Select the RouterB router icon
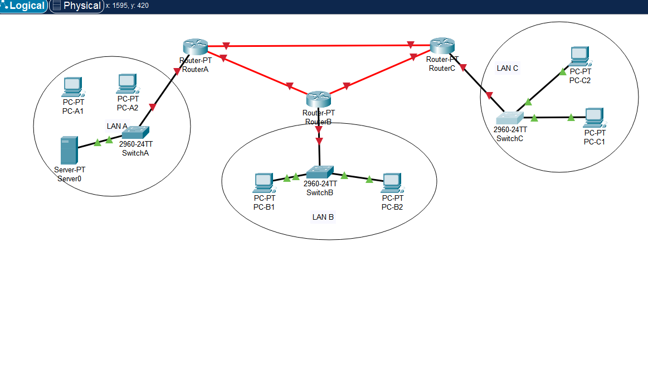coord(319,100)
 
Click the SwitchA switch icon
coord(135,132)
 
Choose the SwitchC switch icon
coord(510,118)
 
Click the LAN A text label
coord(117,126)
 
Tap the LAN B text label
coord(323,217)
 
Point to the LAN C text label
coord(508,68)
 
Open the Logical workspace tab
coord(24,6)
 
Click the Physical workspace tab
coord(77,6)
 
